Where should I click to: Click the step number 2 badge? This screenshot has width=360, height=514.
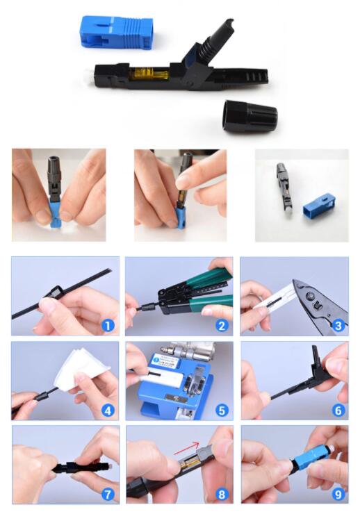[221, 324]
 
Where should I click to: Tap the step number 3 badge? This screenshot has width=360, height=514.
[338, 324]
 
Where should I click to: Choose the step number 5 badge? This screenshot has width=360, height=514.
[221, 410]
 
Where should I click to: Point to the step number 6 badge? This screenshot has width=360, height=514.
[338, 410]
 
